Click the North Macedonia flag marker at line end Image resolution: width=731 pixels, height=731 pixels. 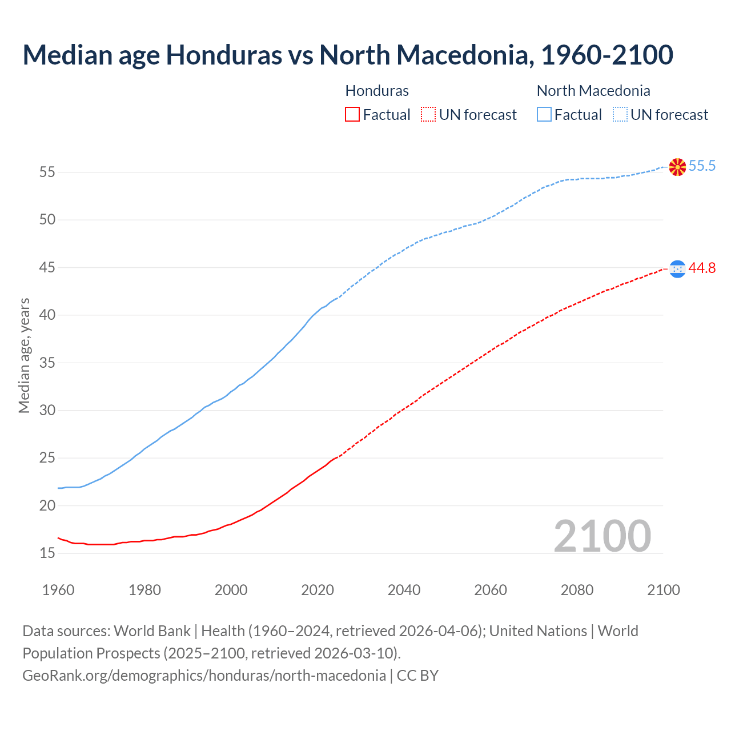point(677,167)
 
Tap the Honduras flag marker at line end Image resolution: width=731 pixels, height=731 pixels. point(677,268)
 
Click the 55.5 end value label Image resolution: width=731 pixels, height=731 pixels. point(702,166)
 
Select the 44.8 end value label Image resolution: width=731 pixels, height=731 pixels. point(702,268)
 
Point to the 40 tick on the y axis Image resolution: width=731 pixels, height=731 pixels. point(47,315)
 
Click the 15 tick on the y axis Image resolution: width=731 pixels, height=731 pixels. point(47,553)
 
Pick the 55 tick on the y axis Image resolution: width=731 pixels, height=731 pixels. point(47,172)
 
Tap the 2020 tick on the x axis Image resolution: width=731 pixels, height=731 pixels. point(318,590)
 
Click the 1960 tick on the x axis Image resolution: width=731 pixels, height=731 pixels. point(58,590)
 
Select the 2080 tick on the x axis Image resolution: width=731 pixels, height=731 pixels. point(577,590)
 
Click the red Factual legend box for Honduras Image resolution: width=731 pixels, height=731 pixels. point(352,115)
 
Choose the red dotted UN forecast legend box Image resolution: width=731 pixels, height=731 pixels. point(428,115)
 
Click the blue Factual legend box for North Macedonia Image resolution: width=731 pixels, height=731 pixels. point(544,115)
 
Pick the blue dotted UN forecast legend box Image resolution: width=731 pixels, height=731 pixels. point(620,115)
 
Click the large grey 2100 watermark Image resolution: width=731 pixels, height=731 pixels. point(602,536)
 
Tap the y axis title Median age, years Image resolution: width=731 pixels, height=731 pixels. point(24,355)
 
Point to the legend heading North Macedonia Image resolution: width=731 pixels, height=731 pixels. point(593,91)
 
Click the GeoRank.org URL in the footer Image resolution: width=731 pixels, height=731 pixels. point(204,676)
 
